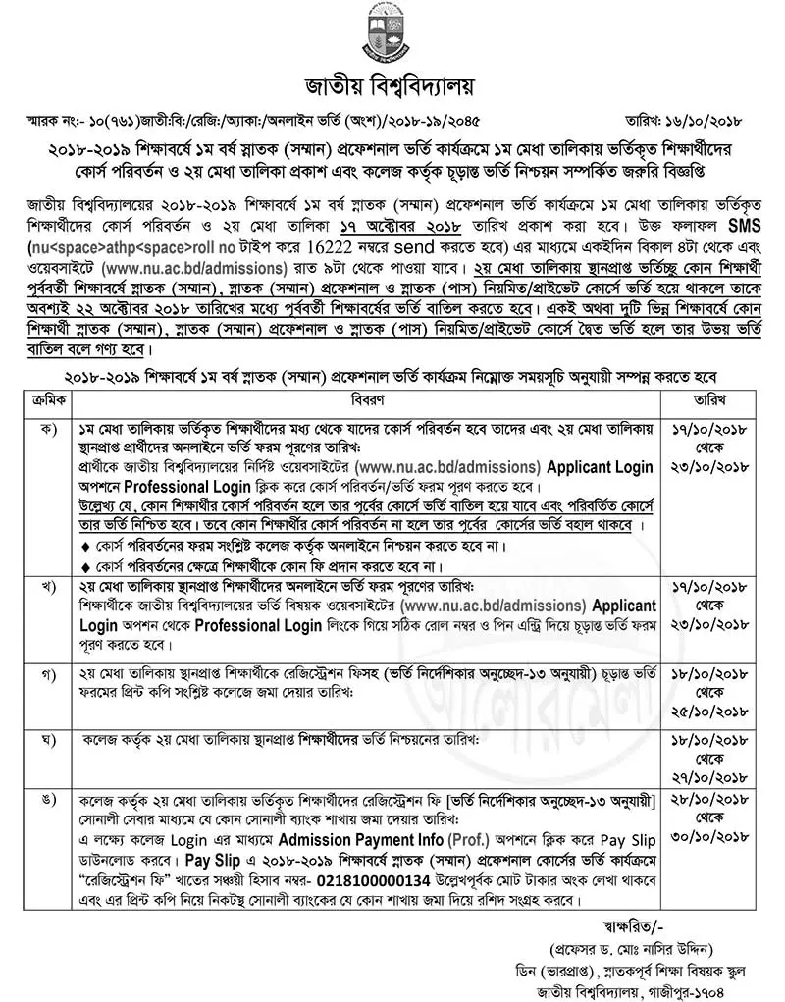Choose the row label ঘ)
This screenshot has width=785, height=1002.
(x=48, y=737)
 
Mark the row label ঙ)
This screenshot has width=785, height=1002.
(x=48, y=803)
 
